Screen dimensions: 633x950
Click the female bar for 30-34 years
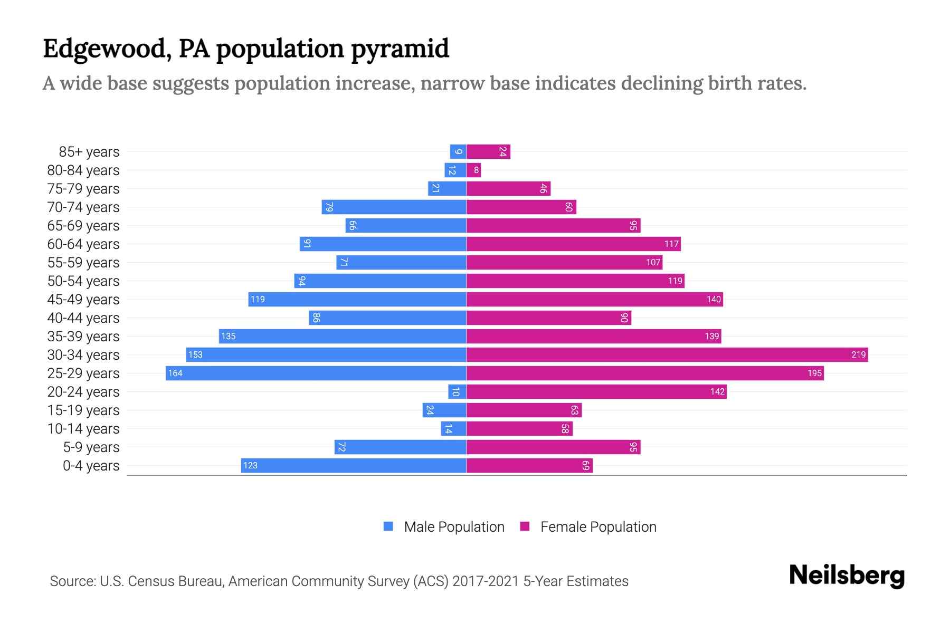667,354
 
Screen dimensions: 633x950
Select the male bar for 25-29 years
316,373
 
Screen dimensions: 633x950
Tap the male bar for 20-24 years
457,391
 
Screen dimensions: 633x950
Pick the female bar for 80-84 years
473,170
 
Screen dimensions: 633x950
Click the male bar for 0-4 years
354,465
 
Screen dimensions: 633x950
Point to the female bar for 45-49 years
594,299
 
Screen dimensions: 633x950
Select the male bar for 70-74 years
394,207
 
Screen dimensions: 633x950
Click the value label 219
858,354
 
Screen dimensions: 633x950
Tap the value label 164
175,373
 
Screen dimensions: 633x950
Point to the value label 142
717,391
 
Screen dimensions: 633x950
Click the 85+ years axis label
89,152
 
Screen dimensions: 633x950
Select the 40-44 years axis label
83,318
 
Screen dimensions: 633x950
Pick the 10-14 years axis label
83,429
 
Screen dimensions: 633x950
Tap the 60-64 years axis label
83,244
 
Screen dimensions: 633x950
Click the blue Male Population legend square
388,526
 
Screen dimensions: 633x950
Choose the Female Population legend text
598,527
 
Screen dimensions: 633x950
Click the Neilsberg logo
847,576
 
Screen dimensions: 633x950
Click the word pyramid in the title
400,49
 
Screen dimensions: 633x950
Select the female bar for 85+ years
488,151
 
